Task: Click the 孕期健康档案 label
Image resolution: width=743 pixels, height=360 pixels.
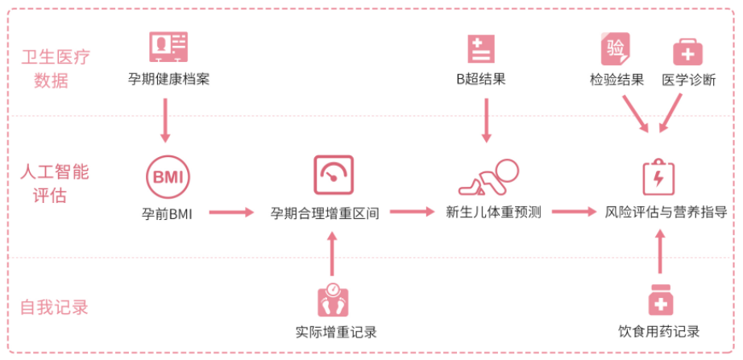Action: pos(168,79)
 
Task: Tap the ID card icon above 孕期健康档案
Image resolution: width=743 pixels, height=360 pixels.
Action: pos(168,47)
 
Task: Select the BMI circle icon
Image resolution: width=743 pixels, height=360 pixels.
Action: pos(168,177)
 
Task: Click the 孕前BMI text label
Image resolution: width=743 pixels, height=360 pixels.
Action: pos(167,214)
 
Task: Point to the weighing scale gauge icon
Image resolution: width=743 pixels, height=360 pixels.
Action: pos(334,174)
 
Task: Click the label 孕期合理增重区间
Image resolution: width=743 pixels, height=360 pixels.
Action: pos(325,213)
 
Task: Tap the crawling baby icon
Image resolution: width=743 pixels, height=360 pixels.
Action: pos(488,176)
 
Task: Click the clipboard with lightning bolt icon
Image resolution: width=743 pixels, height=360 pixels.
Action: pos(658,177)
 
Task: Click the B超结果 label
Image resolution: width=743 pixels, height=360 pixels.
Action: pos(481,79)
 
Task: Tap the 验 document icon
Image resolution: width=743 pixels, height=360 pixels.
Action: pos(616,49)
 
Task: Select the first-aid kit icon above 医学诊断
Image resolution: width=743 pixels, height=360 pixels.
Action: pos(688,52)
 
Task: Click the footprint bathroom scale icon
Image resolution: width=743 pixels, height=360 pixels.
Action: pos(333,300)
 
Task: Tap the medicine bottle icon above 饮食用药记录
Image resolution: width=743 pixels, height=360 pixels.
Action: pos(661,300)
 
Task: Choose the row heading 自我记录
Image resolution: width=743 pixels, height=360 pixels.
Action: pos(54,308)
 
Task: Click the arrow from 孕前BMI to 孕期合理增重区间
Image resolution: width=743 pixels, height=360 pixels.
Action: pos(231,213)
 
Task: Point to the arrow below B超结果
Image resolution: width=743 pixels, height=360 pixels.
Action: pos(486,120)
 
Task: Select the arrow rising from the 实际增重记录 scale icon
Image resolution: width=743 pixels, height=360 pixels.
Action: pos(332,254)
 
